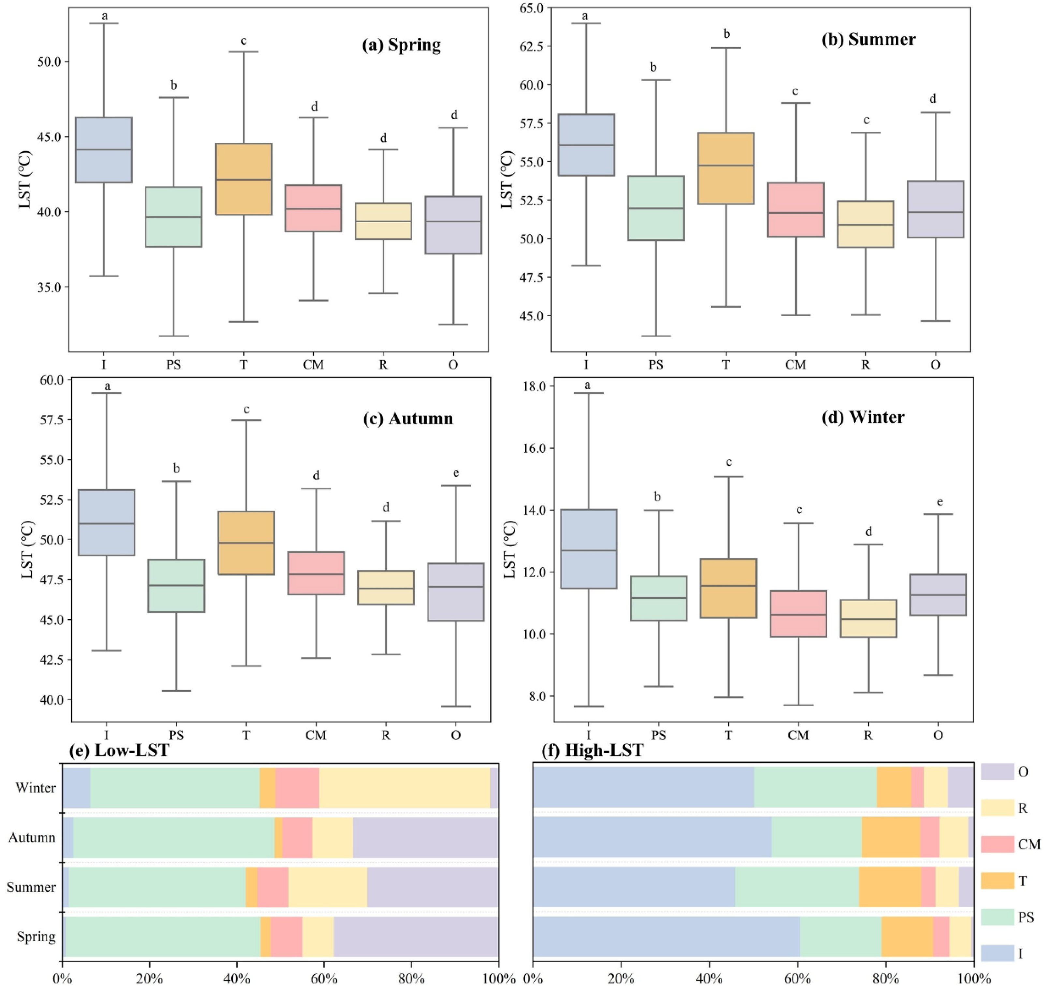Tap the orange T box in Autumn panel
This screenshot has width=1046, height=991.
tap(246, 543)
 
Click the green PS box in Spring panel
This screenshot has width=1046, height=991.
tap(174, 217)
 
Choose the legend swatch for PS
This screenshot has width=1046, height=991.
tap(997, 917)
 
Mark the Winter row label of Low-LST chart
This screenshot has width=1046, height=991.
tap(36, 788)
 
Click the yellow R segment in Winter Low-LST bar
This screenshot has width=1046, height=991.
tap(404, 788)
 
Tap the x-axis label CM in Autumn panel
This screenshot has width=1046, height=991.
tap(316, 735)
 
